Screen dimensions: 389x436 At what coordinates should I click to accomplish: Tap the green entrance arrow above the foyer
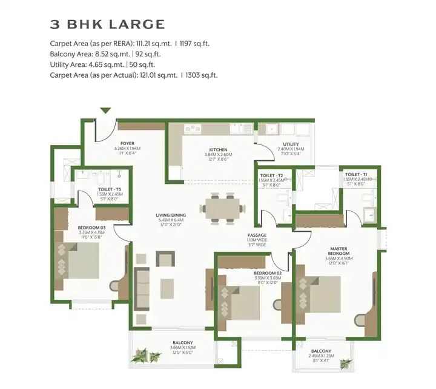pos(105,110)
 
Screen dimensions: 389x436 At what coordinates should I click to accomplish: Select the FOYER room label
pos(127,144)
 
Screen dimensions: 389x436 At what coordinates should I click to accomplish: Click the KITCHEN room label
pos(218,149)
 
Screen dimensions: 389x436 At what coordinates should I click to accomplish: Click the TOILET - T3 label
pos(110,189)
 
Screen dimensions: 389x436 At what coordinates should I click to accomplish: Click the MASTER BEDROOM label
pos(338,251)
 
